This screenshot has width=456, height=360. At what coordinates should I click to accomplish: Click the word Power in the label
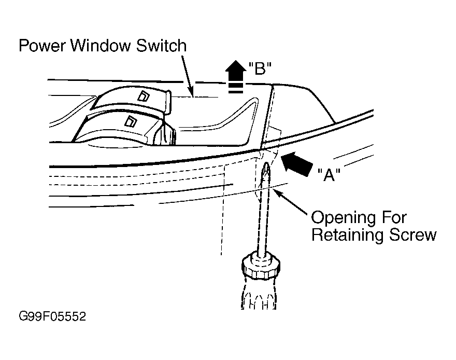(x=42, y=46)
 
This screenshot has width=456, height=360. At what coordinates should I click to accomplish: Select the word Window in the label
(x=101, y=46)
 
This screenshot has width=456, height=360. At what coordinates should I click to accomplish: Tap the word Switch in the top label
(x=161, y=46)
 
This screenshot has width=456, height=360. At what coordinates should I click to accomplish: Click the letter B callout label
(x=260, y=68)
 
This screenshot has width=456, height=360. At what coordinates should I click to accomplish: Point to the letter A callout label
(x=329, y=175)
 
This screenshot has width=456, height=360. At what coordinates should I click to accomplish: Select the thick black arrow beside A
(x=296, y=164)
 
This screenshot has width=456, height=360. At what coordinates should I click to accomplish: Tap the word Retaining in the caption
(x=348, y=234)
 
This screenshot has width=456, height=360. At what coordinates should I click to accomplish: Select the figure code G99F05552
(x=52, y=316)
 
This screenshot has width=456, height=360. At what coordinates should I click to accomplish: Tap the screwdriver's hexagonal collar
(x=261, y=266)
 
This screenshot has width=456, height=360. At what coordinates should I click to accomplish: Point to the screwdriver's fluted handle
(x=259, y=294)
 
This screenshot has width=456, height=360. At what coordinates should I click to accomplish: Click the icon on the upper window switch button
(x=143, y=96)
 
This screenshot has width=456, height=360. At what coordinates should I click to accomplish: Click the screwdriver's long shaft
(x=263, y=210)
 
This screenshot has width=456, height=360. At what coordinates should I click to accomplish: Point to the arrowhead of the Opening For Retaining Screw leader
(x=277, y=192)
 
